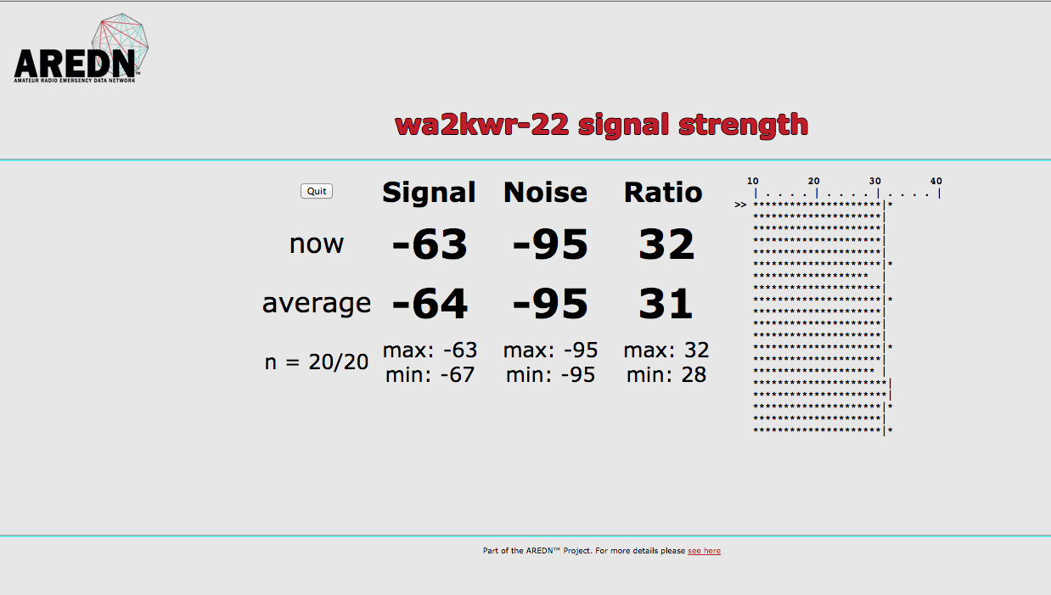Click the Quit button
pyautogui.click(x=317, y=191)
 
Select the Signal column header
pyautogui.click(x=429, y=193)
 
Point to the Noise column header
pyautogui.click(x=545, y=193)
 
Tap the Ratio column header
pyautogui.click(x=663, y=193)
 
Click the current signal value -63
pyautogui.click(x=430, y=245)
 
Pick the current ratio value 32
pyautogui.click(x=666, y=245)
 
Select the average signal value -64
pyautogui.click(x=430, y=304)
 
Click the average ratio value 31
pyautogui.click(x=666, y=304)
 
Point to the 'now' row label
pyautogui.click(x=317, y=244)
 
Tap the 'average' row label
pyautogui.click(x=317, y=303)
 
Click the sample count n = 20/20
pyautogui.click(x=317, y=362)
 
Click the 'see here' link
pyautogui.click(x=704, y=551)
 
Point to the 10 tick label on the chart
pyautogui.click(x=753, y=181)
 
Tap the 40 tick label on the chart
pyautogui.click(x=936, y=181)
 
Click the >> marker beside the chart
pyautogui.click(x=740, y=205)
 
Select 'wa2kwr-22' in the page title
pyautogui.click(x=452, y=125)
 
